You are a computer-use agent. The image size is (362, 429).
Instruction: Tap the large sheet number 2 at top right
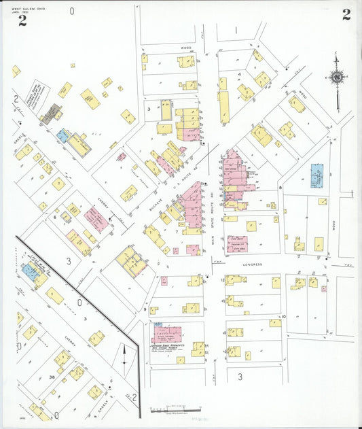click(x=346, y=15)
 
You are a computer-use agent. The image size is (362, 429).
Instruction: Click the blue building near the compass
click(x=317, y=175)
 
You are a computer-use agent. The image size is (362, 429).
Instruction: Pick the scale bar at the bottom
click(x=175, y=409)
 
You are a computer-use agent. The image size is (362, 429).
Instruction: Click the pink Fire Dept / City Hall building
click(x=237, y=243)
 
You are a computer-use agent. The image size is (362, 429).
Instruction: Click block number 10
click(x=283, y=317)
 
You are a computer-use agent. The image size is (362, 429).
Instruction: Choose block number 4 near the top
click(x=240, y=73)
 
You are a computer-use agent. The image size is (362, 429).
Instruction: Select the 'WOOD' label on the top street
click(x=186, y=48)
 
